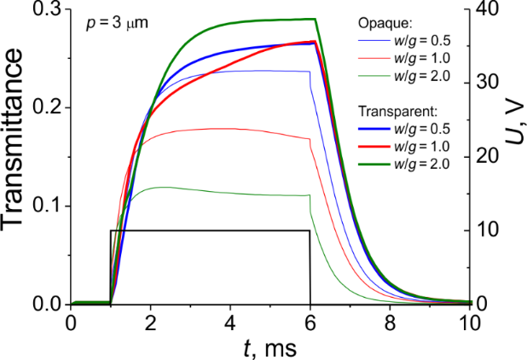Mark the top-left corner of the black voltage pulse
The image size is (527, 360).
[111, 230]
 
